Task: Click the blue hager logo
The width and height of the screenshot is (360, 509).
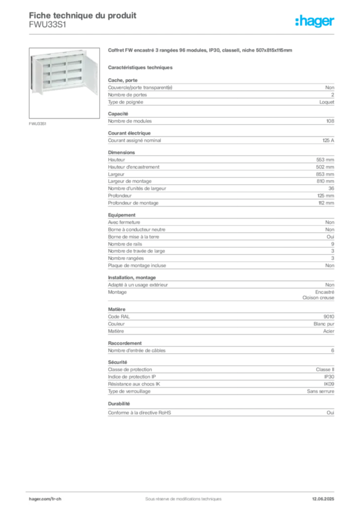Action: click(x=315, y=21)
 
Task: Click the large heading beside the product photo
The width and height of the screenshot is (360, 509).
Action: click(x=200, y=51)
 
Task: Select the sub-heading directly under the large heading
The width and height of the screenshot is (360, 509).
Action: click(x=141, y=67)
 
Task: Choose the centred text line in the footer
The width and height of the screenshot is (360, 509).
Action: click(x=180, y=496)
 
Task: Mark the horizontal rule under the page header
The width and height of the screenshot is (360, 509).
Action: click(x=182, y=34)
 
